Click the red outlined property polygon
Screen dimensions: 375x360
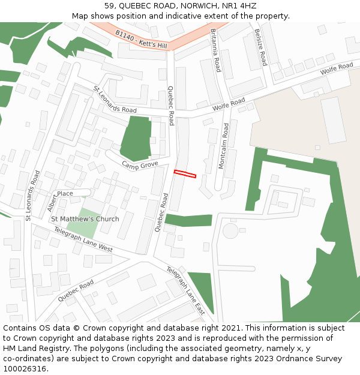click(x=185, y=174)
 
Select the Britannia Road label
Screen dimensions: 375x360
click(x=216, y=50)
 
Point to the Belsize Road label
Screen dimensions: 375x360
click(x=260, y=47)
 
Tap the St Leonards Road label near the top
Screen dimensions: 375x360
click(x=115, y=99)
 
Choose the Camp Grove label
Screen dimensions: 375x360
click(x=140, y=164)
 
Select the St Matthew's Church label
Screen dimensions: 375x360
click(x=85, y=219)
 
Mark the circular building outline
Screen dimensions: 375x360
click(x=230, y=230)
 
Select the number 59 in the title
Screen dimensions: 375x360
click(x=110, y=6)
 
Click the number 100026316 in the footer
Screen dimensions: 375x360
click(x=25, y=368)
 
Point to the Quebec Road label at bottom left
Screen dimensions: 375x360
click(x=76, y=290)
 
